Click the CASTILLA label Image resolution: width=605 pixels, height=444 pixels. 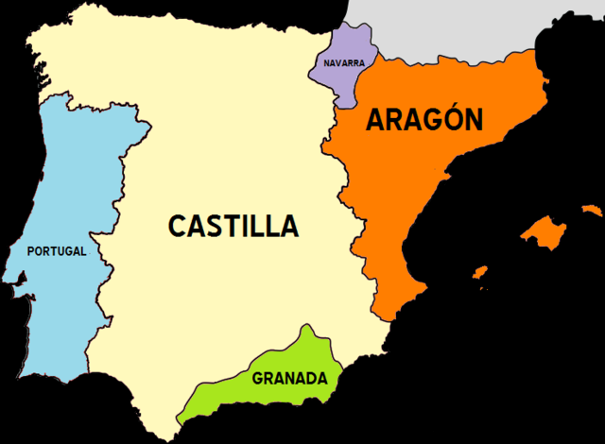233,227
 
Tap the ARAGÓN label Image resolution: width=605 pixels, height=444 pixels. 424,120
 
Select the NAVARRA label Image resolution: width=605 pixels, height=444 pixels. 343,63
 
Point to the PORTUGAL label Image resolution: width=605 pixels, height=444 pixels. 57,251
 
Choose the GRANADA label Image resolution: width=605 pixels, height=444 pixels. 289,380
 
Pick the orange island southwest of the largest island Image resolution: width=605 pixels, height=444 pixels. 480,274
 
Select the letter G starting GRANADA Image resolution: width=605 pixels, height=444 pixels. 257,380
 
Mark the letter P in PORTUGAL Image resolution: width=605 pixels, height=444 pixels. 32,251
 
